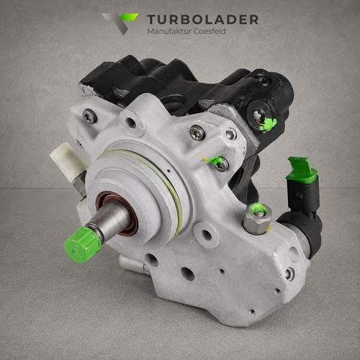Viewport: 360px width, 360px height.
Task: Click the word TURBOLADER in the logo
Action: (x=203, y=19)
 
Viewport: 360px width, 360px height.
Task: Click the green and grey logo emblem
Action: (x=120, y=24)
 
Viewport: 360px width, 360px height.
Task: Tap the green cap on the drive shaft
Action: (x=82, y=244)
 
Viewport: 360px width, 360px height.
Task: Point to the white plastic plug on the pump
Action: (x=68, y=158)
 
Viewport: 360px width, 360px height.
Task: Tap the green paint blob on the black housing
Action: (x=269, y=125)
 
